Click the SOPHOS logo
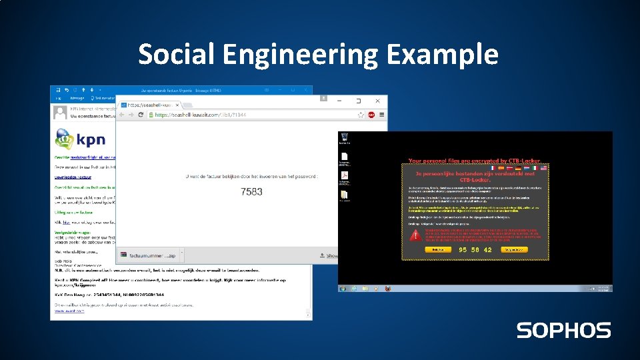[563, 330]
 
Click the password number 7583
[251, 191]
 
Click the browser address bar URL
[200, 115]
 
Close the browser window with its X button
[377, 101]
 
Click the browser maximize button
[358, 101]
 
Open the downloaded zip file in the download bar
[150, 255]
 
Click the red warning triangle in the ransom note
[416, 235]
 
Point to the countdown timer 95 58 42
[475, 250]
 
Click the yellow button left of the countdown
[437, 250]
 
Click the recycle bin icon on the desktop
[345, 139]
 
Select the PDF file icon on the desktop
[345, 177]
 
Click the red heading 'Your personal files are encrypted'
[475, 161]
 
